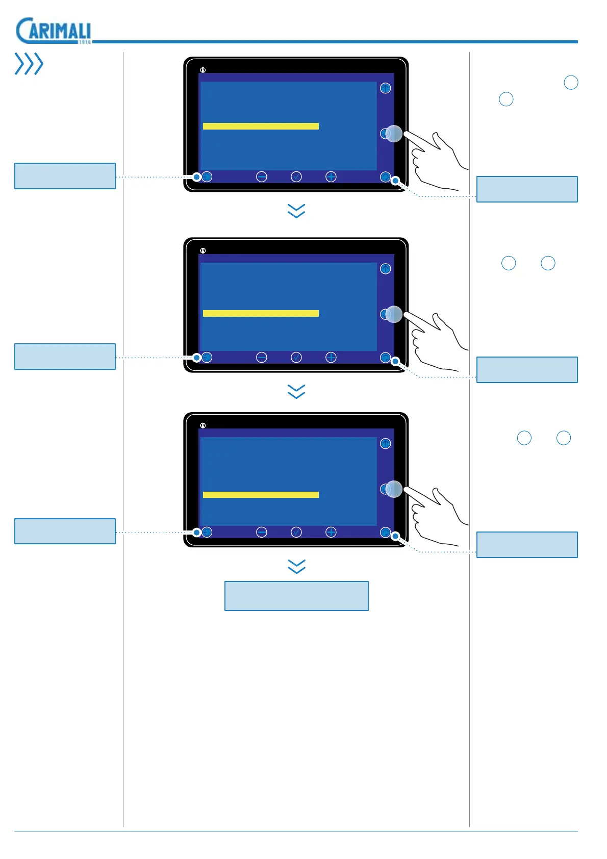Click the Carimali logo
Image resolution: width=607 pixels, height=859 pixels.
[54, 31]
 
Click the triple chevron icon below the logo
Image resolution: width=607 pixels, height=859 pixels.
[29, 64]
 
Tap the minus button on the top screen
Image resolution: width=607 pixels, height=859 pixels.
[262, 176]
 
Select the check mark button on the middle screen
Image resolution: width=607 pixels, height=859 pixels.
[296, 358]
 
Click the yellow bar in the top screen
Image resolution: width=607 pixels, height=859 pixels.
[261, 126]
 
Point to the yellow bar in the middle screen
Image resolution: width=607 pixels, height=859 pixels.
[261, 313]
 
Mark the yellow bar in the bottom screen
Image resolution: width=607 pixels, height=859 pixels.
[261, 495]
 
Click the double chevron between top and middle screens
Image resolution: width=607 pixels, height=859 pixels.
[296, 211]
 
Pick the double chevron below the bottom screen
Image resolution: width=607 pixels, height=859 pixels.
[296, 566]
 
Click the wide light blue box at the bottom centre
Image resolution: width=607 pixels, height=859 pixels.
[296, 596]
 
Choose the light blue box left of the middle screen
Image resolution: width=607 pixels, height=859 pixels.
[65, 357]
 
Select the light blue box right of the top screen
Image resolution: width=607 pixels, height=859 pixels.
[527, 189]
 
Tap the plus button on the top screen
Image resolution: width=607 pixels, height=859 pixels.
[331, 176]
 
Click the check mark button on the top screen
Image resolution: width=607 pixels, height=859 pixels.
[296, 176]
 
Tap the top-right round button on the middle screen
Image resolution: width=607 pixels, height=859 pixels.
[386, 269]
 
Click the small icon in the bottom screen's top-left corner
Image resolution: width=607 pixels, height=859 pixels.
[203, 425]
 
